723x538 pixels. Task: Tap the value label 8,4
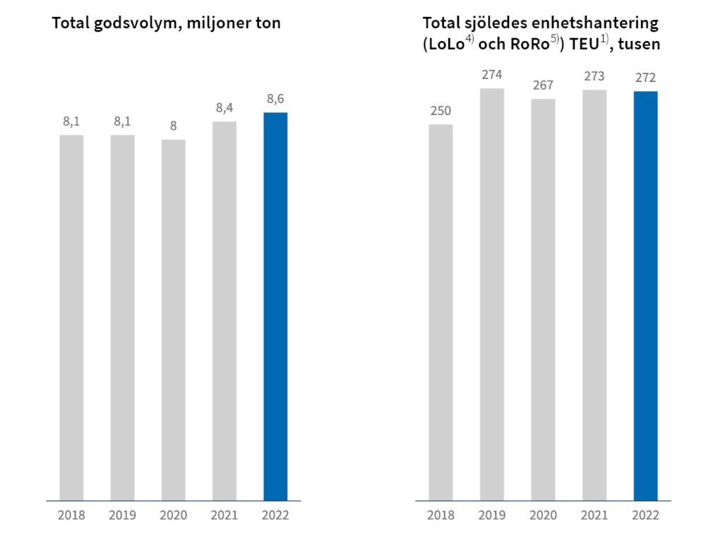(225, 108)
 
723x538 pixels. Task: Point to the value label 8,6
(275, 99)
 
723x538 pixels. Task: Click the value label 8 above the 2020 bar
(173, 126)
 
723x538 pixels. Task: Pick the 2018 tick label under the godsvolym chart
(71, 515)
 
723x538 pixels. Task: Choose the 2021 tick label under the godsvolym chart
(225, 515)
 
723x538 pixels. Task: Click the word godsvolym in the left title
(140, 23)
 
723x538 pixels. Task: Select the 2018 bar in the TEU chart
(441, 312)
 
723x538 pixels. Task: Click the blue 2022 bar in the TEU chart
(645, 296)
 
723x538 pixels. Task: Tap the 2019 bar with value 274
(492, 294)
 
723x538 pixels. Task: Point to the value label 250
(441, 111)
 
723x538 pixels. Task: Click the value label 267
(543, 85)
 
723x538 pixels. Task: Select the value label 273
(594, 76)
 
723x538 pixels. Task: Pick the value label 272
(645, 78)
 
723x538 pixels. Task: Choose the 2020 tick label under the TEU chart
(543, 515)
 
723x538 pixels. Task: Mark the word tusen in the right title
(639, 45)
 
